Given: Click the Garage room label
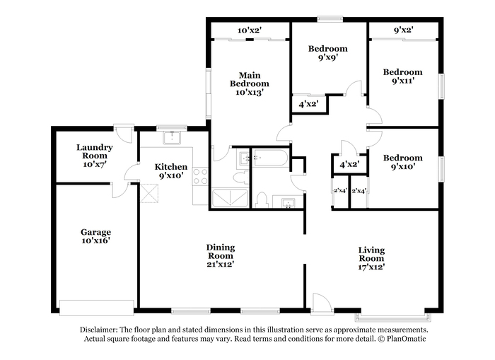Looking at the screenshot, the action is pos(95,236).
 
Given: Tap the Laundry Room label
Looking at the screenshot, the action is pos(94,156).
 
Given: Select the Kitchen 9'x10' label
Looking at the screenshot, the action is pos(171,171).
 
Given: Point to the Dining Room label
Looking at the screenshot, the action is pos(221,256).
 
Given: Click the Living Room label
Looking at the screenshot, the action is pos(371,258).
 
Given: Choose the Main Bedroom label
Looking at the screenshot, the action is pos(250,83).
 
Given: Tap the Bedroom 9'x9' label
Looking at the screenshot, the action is pos(327,53).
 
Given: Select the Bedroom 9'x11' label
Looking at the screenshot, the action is pos(402,76).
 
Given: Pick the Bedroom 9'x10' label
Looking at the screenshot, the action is pos(402,162).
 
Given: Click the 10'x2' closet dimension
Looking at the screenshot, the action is pos(250,30).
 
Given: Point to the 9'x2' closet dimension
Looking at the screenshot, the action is pos(404,30).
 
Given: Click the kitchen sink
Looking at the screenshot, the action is pos(171,138).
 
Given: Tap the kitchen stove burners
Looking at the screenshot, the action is pos(200,177).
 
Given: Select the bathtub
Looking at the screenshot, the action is pos(270,157).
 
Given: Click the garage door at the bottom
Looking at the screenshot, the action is pos(97,308).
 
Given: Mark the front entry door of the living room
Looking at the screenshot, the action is pos(322,305).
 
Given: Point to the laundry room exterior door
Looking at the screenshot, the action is pos(124,134).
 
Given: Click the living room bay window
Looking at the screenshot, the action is pos(392,317).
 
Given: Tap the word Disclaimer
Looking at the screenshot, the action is pos(99,330).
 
